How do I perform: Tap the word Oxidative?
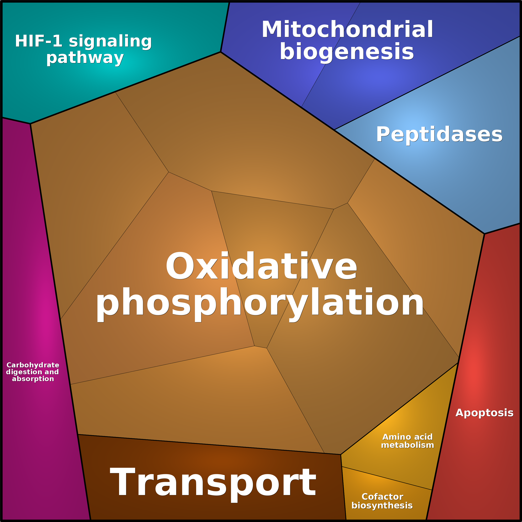coord(261,266)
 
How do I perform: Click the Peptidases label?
coord(439,135)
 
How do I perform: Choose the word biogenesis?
coord(347,52)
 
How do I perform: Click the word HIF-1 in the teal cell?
coord(39,41)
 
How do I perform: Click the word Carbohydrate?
coord(33,365)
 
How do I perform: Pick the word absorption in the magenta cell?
coord(33,379)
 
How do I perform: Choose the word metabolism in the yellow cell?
coord(408,445)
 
